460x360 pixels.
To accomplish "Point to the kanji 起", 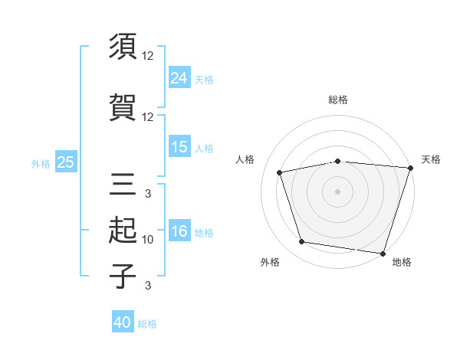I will (x=123, y=231).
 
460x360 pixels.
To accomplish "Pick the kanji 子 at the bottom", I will (x=123, y=277).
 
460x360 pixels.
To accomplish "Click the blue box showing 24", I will (x=179, y=77).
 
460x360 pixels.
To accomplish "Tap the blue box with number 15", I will (x=179, y=146).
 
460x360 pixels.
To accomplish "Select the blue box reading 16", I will (x=179, y=231).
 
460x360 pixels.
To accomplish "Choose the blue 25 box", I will (x=65, y=162).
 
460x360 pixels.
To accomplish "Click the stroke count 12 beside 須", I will (x=148, y=56).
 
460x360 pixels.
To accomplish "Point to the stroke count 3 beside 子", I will (x=148, y=286).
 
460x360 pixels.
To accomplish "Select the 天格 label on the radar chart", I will (x=431, y=159).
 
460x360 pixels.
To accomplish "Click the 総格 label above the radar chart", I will (x=337, y=100).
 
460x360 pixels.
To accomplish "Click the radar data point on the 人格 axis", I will (x=281, y=172).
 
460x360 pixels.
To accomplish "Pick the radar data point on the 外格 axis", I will (x=302, y=242).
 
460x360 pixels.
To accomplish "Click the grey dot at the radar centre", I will (x=337, y=191).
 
